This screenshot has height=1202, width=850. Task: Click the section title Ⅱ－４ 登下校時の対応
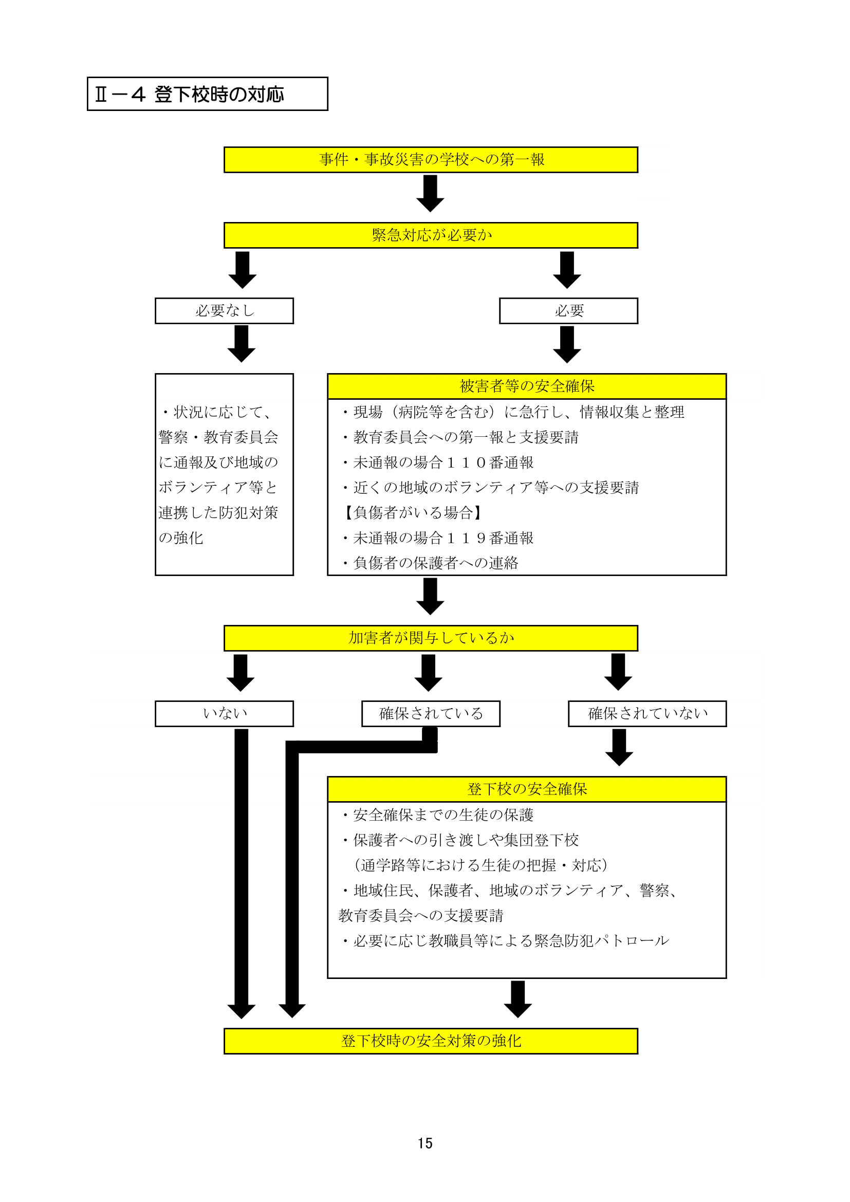pos(189,94)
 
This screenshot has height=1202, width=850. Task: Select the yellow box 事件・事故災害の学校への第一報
pos(431,160)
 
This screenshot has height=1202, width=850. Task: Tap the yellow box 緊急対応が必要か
pos(431,235)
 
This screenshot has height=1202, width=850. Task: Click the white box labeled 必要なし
pos(224,311)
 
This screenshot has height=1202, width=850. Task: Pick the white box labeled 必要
pos(568,311)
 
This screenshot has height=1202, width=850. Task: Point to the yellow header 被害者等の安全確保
pos(527,386)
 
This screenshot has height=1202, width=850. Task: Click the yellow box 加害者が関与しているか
pos(431,638)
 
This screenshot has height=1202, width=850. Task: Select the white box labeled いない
pos(224,714)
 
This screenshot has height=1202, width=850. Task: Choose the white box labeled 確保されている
pos(431,714)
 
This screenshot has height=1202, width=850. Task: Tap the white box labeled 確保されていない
pos(647,714)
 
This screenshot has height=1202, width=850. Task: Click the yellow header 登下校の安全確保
pos(527,789)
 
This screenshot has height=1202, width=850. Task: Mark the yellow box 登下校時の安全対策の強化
pos(431,1041)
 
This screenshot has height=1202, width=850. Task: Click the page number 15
pos(425,1143)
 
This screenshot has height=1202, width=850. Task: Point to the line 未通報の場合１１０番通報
pos(438,463)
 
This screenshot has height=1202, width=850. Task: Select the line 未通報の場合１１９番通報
pos(438,538)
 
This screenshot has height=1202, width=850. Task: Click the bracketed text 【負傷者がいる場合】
pos(412,512)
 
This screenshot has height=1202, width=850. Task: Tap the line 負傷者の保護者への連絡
pos(431,563)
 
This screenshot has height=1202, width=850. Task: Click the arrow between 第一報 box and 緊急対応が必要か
pos(430,193)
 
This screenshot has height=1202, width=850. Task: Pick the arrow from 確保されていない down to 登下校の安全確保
pos(619,748)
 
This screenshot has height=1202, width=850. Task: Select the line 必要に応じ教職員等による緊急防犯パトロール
pos(506,941)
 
